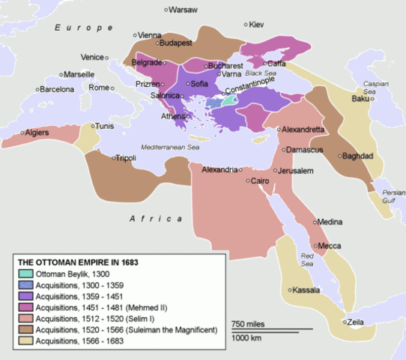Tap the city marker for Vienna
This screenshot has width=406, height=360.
click(x=136, y=35)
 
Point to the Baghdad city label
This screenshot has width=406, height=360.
click(x=357, y=157)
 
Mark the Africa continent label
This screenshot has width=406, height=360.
click(x=156, y=218)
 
